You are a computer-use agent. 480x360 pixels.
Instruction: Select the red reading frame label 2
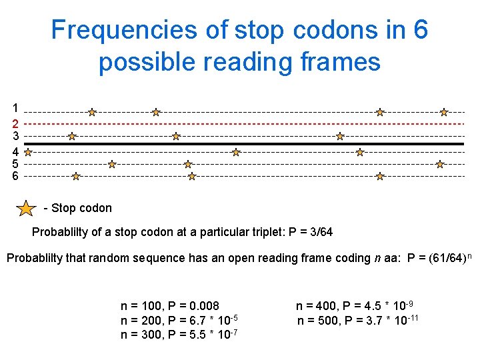15,123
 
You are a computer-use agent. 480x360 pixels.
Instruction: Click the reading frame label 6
15,176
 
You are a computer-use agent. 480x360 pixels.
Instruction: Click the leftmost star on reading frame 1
92,113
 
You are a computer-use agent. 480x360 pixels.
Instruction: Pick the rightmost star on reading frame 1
444,113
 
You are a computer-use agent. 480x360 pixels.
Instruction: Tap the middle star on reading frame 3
176,136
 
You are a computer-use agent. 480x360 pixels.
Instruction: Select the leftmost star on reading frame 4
28,152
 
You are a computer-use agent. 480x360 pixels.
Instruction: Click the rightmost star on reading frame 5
440,163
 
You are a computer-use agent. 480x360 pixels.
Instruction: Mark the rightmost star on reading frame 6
380,177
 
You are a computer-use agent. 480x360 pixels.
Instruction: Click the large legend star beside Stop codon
26,209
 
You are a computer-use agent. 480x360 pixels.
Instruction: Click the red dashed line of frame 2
267,124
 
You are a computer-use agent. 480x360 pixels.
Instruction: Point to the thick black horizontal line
267,144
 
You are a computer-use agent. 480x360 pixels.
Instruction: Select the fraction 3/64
320,233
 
